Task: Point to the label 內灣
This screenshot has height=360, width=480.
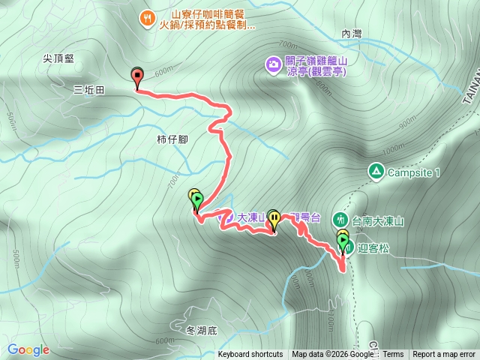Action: pyautogui.click(x=351, y=34)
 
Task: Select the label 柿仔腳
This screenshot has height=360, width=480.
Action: pyautogui.click(x=172, y=139)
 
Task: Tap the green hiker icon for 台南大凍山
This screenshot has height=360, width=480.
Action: pyautogui.click(x=340, y=220)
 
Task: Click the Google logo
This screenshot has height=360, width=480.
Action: pyautogui.click(x=28, y=349)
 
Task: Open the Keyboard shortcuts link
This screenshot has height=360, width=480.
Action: pyautogui.click(x=250, y=355)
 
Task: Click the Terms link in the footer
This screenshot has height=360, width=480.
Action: pyautogui.click(x=393, y=355)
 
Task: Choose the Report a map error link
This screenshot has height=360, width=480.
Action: pyautogui.click(x=444, y=355)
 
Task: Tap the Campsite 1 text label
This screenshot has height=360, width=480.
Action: pyautogui.click(x=413, y=172)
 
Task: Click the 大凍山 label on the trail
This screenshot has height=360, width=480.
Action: pyautogui.click(x=252, y=217)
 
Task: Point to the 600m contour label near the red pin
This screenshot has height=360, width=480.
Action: pyautogui.click(x=163, y=73)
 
